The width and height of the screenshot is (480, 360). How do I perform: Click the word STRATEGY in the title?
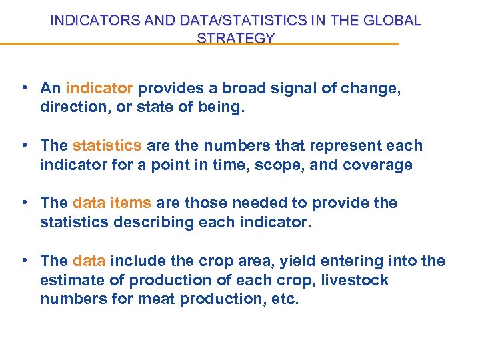(x=235, y=38)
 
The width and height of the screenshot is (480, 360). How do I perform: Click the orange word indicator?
(x=100, y=88)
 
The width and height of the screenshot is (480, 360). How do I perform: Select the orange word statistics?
(x=107, y=145)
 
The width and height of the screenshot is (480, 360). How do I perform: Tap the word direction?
(x=71, y=107)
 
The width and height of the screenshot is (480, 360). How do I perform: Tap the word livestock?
(x=355, y=279)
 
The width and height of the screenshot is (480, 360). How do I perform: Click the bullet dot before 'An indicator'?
(x=23, y=88)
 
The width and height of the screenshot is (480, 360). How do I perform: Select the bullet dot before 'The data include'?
(x=23, y=261)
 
